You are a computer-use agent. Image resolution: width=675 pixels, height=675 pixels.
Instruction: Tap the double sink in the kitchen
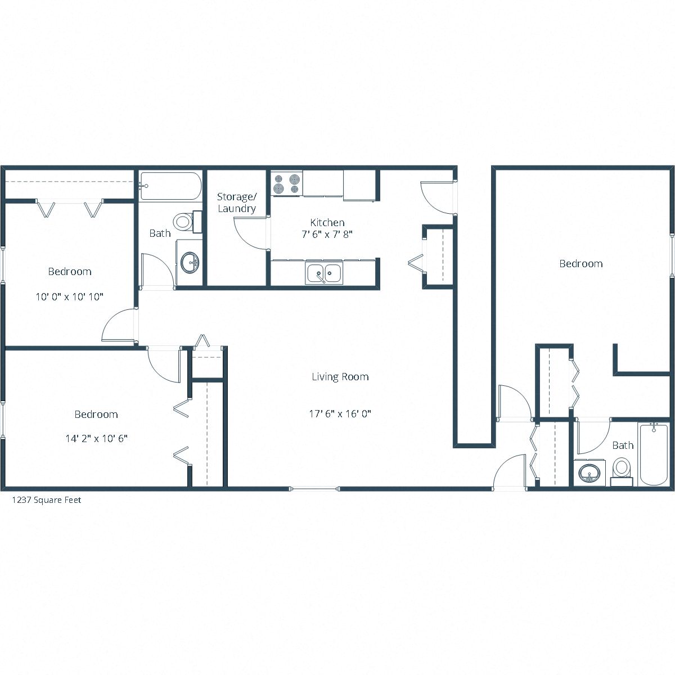[x=323, y=273]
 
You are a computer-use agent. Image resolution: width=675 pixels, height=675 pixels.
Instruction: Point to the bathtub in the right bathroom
[x=653, y=454]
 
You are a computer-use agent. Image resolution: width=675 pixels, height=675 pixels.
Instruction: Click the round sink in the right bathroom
[x=589, y=472]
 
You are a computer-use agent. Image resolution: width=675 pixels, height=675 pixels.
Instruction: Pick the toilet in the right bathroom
[x=622, y=469]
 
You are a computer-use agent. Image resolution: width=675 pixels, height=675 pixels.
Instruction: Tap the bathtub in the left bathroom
[x=170, y=186]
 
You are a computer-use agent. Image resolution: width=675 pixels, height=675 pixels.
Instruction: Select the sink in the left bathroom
[x=190, y=262]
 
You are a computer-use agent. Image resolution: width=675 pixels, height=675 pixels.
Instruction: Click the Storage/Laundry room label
[x=237, y=202]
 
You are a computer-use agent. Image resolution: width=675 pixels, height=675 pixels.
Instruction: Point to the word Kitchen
[x=327, y=223]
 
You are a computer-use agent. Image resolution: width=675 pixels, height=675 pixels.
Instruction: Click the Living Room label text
[x=340, y=377]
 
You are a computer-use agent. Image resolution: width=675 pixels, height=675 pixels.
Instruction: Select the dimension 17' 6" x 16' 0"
[x=340, y=414]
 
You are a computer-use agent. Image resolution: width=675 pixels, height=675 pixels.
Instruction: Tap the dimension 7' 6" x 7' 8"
[x=327, y=235]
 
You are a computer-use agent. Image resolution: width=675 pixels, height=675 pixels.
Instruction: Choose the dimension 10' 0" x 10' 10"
[x=70, y=296]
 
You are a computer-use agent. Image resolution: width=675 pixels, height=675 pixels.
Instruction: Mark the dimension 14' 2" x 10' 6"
[x=96, y=438]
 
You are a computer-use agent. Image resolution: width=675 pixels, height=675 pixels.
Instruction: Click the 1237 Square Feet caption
[x=47, y=499]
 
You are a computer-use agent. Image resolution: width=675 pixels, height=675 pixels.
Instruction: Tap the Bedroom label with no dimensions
[x=581, y=263]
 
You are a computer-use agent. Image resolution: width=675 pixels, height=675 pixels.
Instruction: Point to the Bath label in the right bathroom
[x=623, y=445]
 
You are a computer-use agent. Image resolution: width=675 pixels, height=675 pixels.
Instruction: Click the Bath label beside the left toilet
[x=160, y=233]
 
